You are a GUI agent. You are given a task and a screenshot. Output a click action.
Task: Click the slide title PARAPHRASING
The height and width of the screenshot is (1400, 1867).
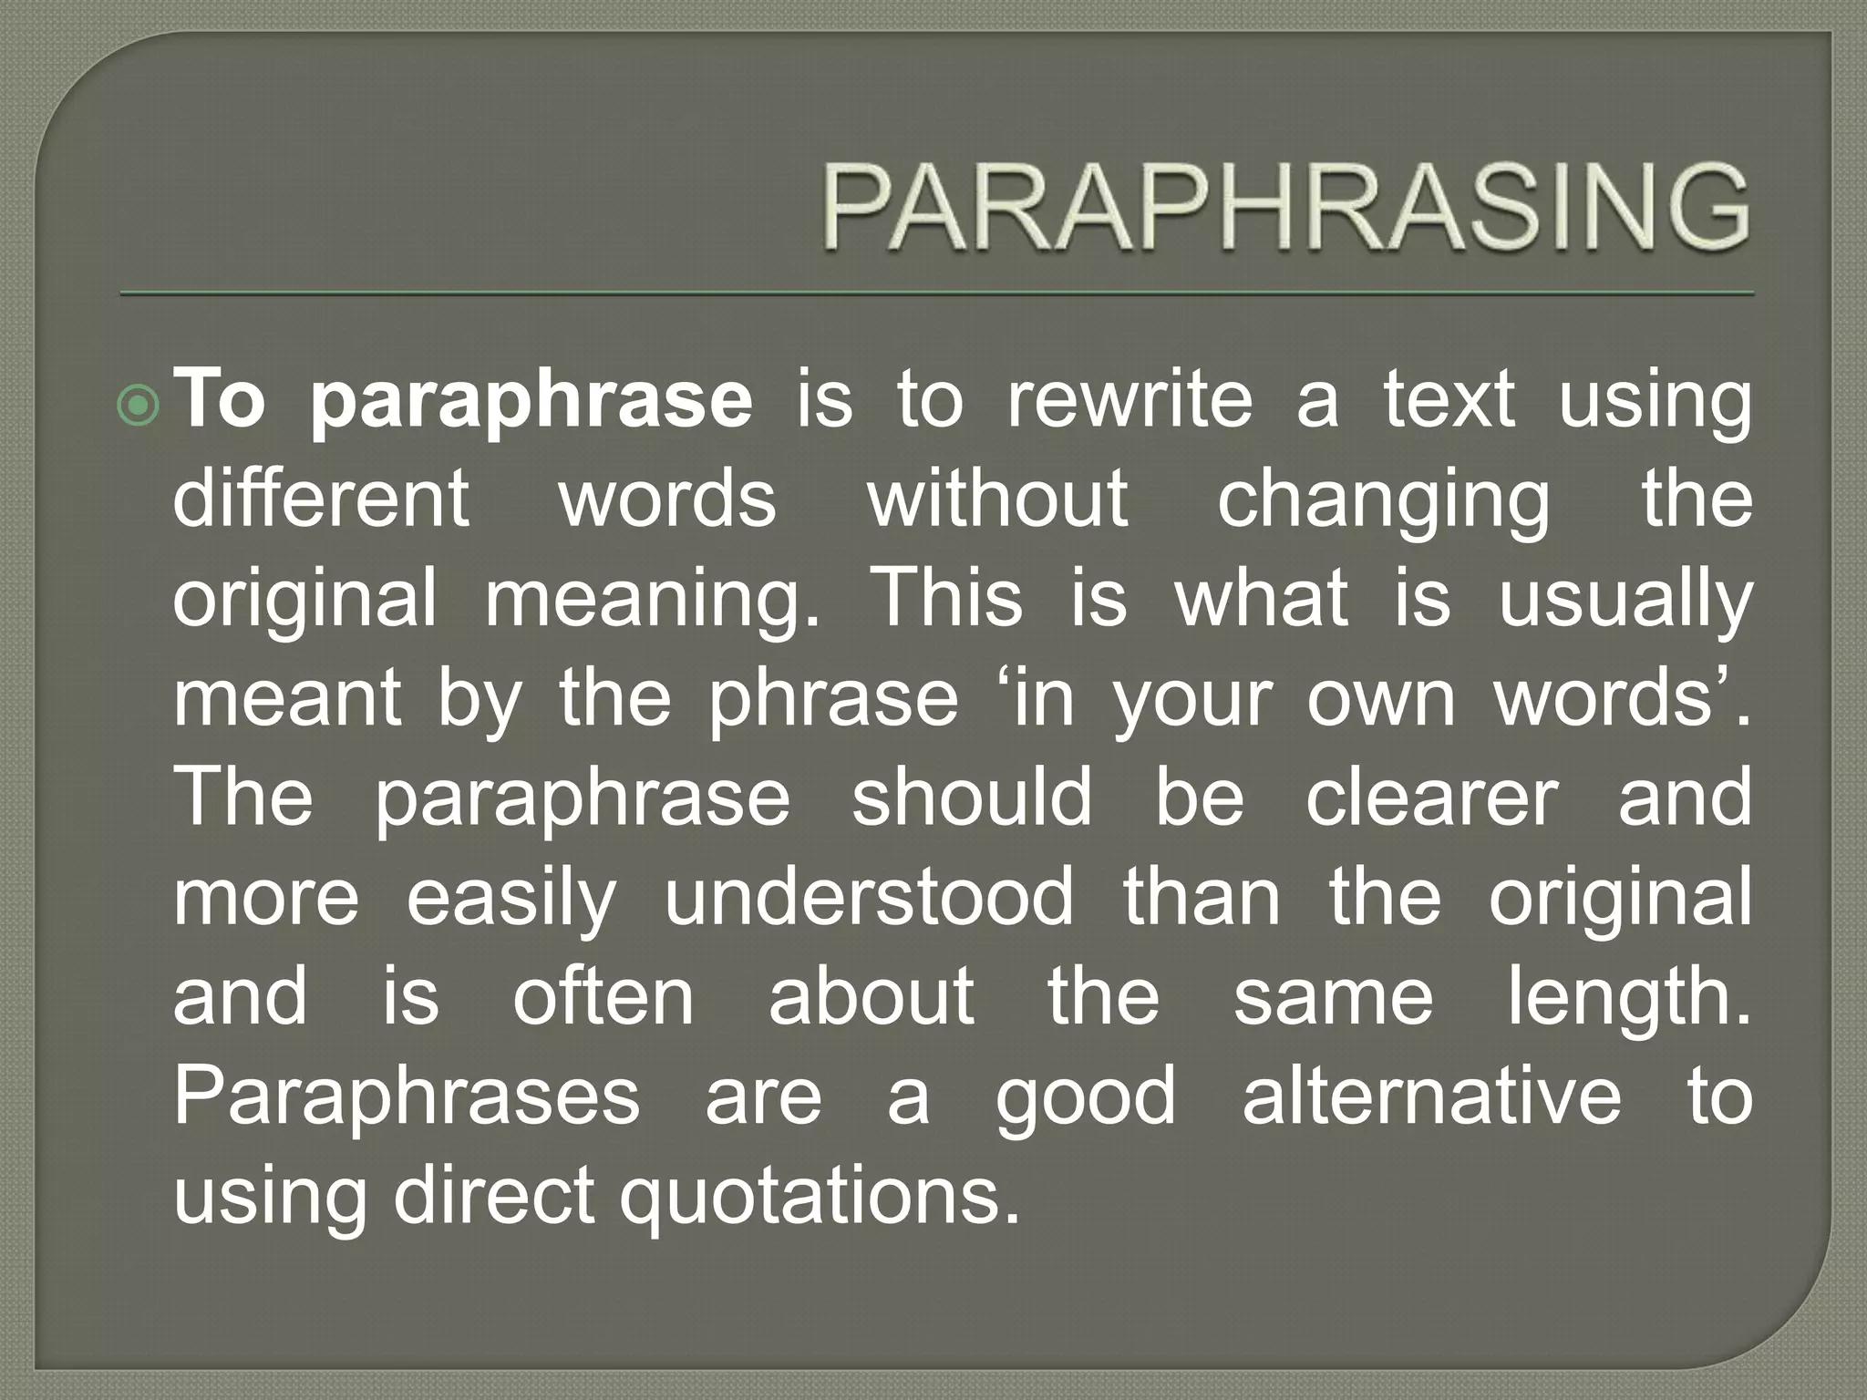coord(1286,209)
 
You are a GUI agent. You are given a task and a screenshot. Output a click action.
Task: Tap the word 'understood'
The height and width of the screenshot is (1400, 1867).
coord(869,897)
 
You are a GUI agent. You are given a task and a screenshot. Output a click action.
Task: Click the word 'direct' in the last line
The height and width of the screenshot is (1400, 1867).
coord(493,1195)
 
